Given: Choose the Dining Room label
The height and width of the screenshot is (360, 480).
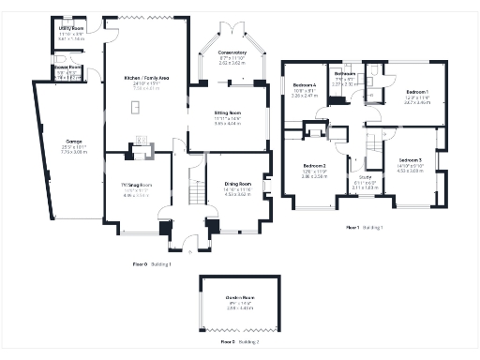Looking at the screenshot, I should pos(238,184).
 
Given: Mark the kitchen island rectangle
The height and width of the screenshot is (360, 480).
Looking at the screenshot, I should pos(139,108).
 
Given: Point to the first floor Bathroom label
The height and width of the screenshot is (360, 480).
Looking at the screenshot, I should pos(343,73).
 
